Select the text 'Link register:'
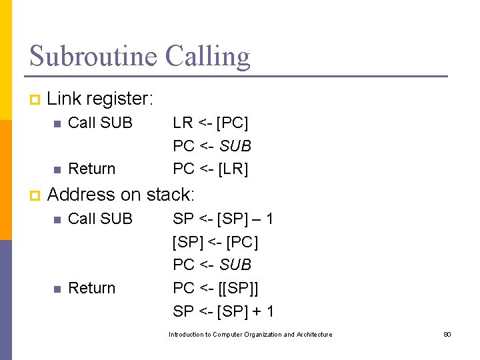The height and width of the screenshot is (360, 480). tap(101, 99)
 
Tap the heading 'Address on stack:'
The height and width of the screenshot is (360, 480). tap(121, 195)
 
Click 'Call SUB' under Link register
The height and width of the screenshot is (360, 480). tap(101, 123)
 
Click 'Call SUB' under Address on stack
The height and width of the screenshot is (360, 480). tap(101, 219)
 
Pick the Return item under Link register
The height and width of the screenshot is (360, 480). tap(92, 169)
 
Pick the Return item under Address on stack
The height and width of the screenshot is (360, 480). tap(92, 288)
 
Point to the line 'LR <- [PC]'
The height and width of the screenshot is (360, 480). tap(211, 123)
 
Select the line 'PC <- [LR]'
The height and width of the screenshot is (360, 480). tap(211, 169)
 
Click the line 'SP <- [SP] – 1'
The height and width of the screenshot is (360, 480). tap(223, 219)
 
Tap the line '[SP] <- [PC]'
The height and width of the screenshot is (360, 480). tap(215, 242)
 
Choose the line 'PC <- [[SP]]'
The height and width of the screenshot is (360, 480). tap(215, 288)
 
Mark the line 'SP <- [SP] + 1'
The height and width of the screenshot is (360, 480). tap(223, 311)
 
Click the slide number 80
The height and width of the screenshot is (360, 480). tap(447, 334)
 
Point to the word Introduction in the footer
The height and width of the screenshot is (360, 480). tap(185, 334)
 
